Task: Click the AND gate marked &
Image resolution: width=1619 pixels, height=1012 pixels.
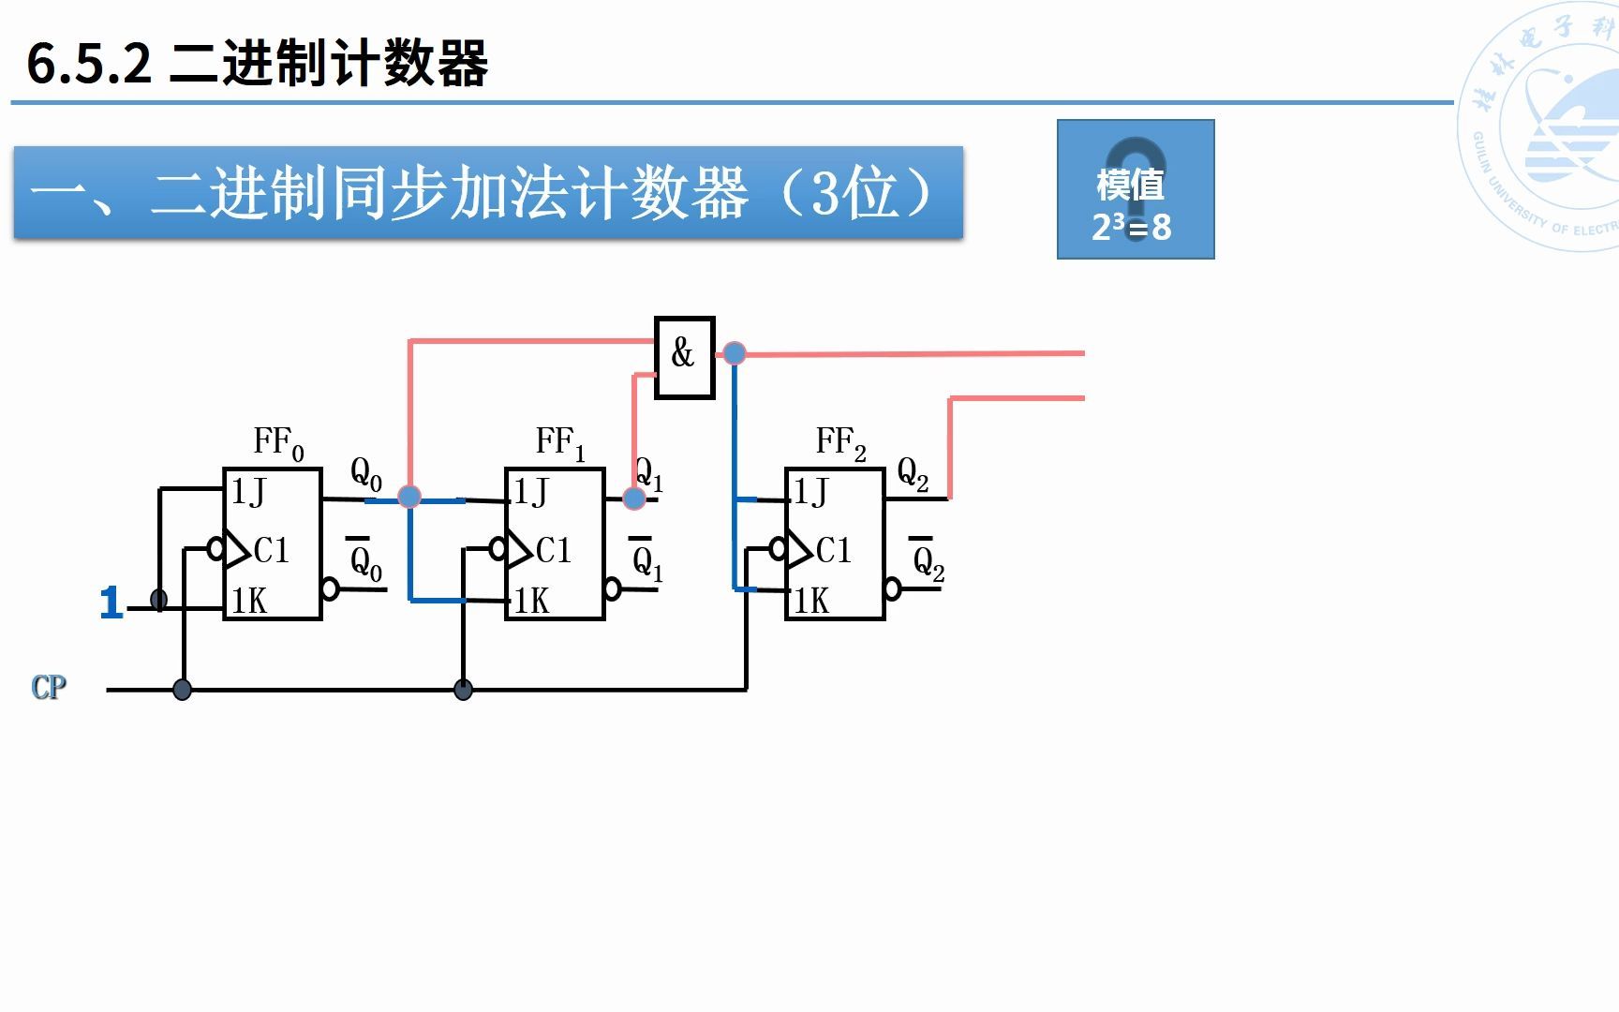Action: (684, 357)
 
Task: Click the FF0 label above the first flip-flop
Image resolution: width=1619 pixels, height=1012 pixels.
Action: (278, 442)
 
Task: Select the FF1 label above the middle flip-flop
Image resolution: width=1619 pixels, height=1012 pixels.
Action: (559, 442)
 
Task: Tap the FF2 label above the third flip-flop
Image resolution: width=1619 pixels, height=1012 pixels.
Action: (840, 442)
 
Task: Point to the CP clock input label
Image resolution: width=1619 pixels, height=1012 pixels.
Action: (49, 688)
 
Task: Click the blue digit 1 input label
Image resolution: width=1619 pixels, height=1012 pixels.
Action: (111, 603)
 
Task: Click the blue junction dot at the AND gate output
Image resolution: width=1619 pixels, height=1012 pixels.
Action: (735, 353)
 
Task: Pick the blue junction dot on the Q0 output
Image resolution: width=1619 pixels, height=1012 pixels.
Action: (409, 497)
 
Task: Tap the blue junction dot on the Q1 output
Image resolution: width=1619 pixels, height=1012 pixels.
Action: (634, 498)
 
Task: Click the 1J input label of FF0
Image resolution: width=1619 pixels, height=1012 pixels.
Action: (248, 492)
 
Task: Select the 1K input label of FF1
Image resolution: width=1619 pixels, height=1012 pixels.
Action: (531, 601)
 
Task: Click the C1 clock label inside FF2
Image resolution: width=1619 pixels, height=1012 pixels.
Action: (833, 550)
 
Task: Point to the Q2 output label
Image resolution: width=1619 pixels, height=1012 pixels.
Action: (913, 474)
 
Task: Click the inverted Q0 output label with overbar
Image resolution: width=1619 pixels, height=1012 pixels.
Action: (365, 560)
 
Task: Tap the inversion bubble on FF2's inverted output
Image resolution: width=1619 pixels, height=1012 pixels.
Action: (893, 589)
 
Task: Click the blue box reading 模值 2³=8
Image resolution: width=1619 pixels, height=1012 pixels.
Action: (1136, 189)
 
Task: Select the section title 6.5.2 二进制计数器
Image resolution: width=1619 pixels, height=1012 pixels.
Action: (258, 64)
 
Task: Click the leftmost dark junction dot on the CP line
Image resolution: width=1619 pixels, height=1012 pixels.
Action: (183, 691)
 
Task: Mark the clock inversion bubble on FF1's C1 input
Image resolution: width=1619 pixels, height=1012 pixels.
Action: (498, 549)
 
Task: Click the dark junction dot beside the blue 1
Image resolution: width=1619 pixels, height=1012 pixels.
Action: (159, 600)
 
